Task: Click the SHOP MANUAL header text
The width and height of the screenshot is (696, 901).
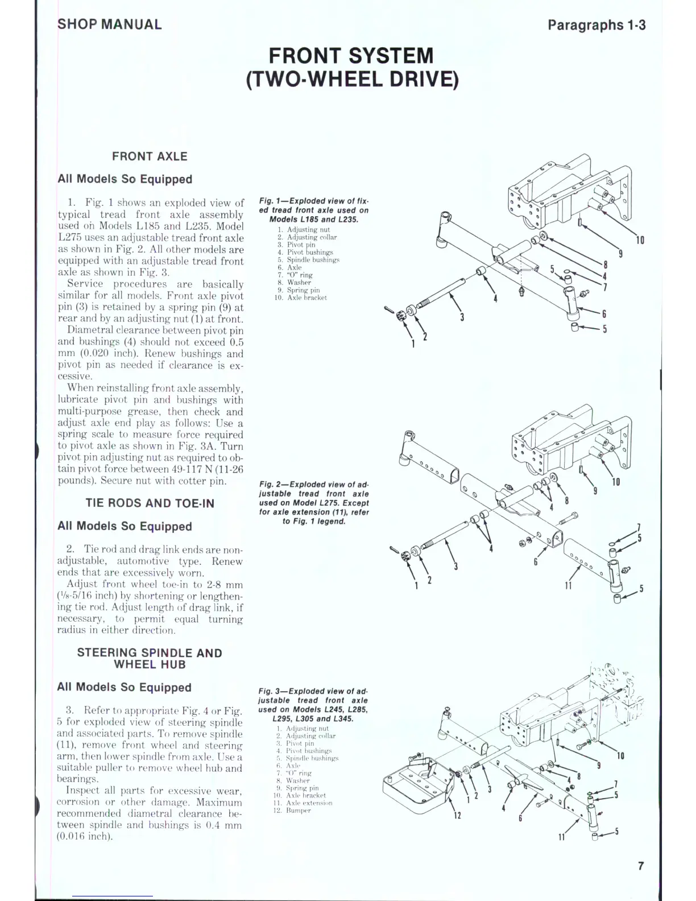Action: tap(109, 24)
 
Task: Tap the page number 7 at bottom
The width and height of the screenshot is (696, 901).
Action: tap(641, 866)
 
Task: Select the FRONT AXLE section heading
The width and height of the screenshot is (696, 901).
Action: tap(150, 156)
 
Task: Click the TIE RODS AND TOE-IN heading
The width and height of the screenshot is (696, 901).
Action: tap(150, 503)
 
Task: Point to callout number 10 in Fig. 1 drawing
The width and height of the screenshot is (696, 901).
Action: tap(640, 240)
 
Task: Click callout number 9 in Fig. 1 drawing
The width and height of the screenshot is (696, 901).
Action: tap(620, 253)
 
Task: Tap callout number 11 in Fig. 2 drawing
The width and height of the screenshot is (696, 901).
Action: tap(568, 585)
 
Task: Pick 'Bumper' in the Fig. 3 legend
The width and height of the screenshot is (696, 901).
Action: tap(298, 811)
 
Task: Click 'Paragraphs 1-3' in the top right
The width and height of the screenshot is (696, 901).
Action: tap(596, 25)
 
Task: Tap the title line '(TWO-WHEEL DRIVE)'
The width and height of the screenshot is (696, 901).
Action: tap(352, 79)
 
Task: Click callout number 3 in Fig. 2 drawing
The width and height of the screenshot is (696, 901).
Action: tap(455, 566)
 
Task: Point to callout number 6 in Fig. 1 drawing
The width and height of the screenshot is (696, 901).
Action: tap(604, 313)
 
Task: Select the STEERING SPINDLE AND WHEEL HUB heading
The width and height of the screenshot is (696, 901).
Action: tap(150, 659)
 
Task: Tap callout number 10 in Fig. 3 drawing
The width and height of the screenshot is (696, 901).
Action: tap(620, 756)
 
